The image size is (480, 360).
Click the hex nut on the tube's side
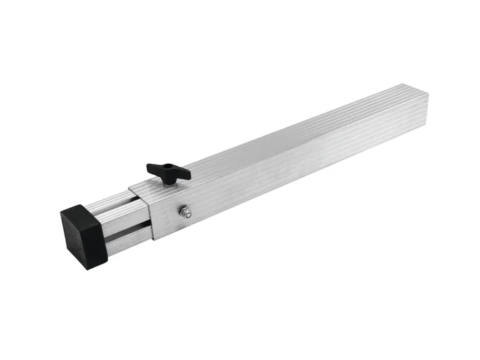[x=186, y=213]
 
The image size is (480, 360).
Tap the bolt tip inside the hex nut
[x=187, y=213]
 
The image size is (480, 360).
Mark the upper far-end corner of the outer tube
[x=409, y=84]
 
